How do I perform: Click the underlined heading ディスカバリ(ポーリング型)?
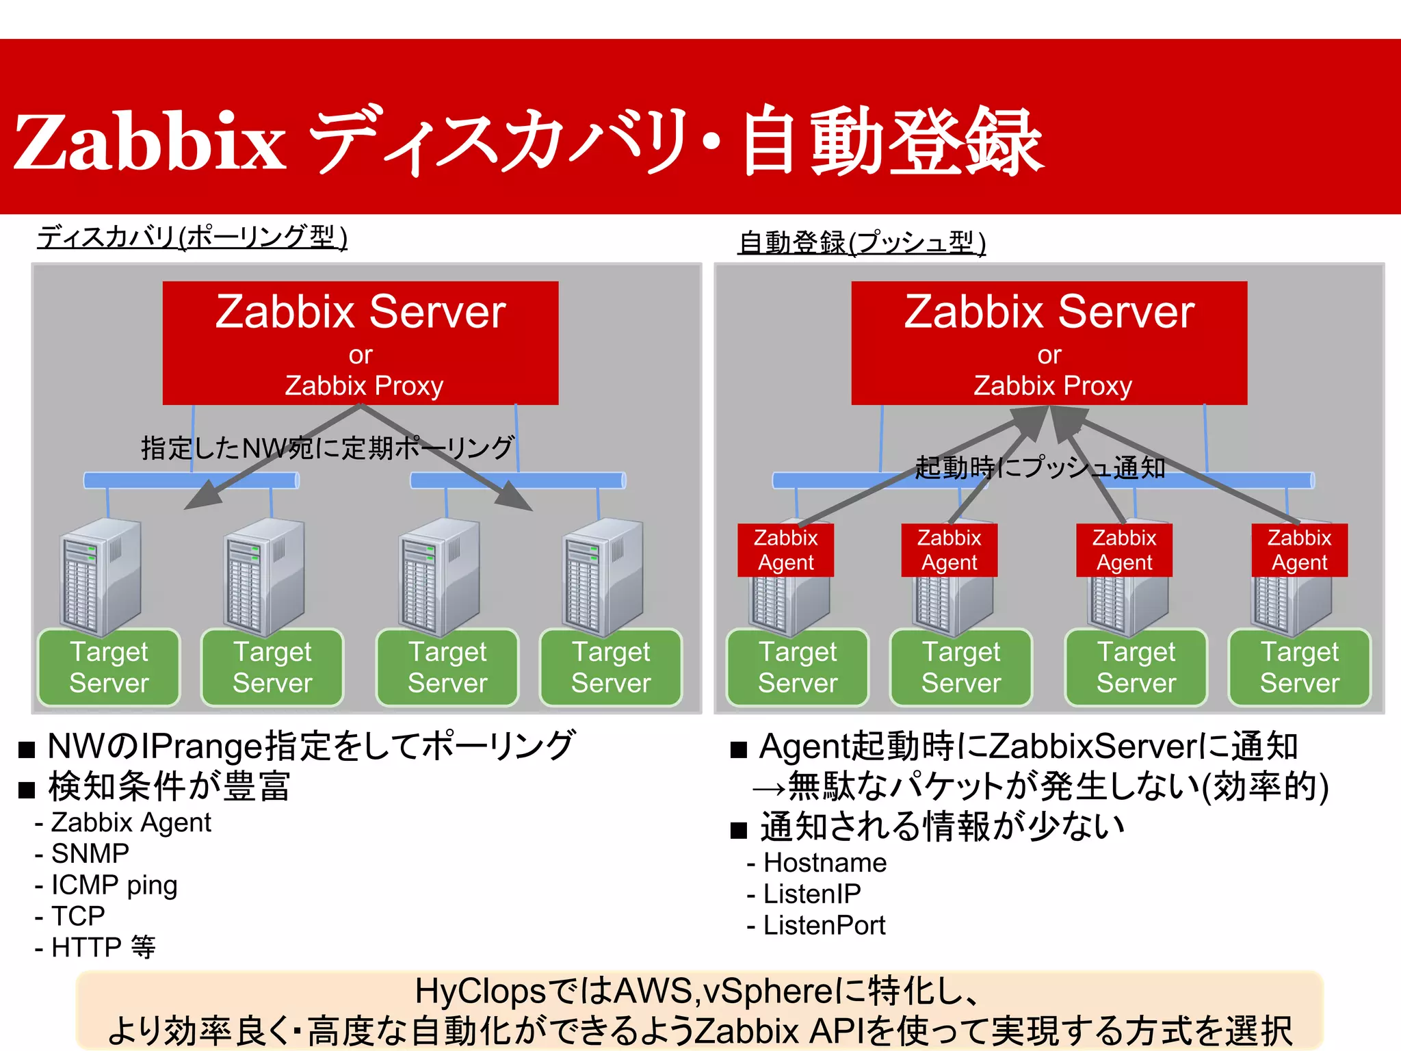[x=192, y=237]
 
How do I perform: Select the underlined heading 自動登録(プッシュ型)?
[x=862, y=243]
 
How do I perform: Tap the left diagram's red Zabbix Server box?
[x=361, y=342]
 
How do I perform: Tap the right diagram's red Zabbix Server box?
[x=1049, y=342]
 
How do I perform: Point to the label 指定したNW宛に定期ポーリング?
[x=327, y=448]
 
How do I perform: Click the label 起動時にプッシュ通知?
[x=1040, y=467]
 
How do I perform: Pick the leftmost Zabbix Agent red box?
[x=785, y=549]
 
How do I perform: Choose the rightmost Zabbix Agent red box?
[x=1299, y=549]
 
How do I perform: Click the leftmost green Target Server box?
[x=109, y=667]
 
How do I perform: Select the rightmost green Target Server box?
[x=1300, y=667]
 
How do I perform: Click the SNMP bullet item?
[x=90, y=853]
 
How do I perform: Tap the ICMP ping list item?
[x=114, y=885]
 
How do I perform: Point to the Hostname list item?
[x=824, y=863]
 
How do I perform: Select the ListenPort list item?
[x=824, y=925]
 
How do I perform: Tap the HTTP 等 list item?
[x=103, y=948]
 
